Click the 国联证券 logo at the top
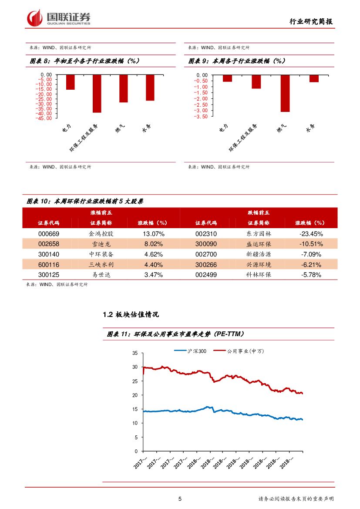coord(59,18)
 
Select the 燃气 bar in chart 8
coord(124,88)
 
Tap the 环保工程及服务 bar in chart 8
coord(97,94)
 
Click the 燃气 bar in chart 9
coord(285,93)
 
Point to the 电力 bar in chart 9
coord(227,78)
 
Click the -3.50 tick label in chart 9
coord(201,116)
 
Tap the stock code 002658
coord(49,244)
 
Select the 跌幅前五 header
coord(259,212)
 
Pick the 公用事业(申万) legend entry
coord(245,351)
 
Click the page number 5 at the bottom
coord(180,499)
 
